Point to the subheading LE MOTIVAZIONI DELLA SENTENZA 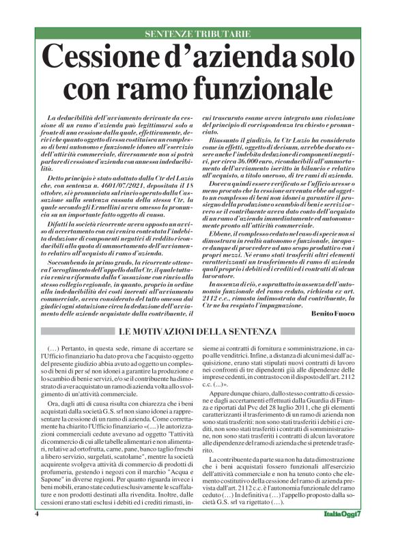click(197, 333)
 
